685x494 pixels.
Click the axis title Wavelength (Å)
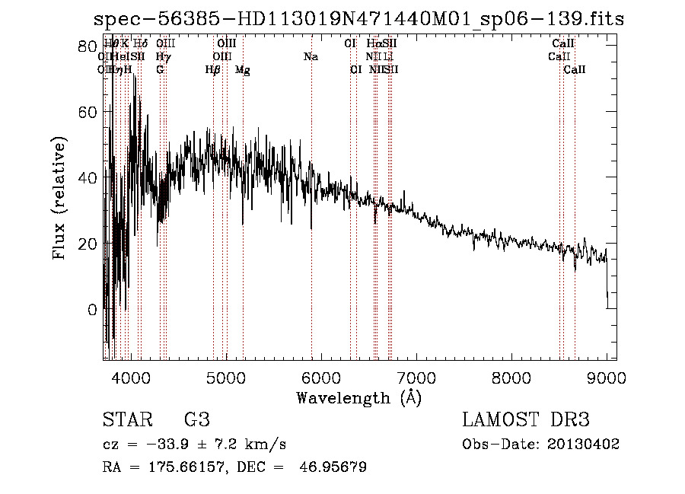358,397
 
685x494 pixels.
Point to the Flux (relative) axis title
60,197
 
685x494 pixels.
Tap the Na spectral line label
311,57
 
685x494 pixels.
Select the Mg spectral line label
243,70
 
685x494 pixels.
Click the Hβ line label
213,70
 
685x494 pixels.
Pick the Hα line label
373,44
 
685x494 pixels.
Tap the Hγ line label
162,57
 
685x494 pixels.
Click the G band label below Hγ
160,70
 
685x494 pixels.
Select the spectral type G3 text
196,420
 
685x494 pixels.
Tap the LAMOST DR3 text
526,420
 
